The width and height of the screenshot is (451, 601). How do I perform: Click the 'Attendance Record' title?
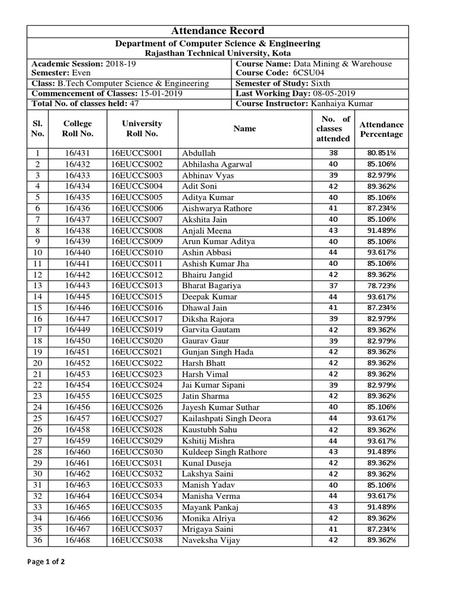(x=217, y=31)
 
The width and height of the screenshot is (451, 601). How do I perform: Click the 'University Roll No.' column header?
(x=142, y=129)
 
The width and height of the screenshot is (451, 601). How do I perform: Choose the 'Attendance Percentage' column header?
(x=382, y=129)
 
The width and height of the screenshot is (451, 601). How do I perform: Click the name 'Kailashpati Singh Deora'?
(x=226, y=418)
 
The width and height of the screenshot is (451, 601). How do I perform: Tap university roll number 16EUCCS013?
(x=136, y=286)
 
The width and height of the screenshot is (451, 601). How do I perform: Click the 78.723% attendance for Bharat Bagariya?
(x=382, y=286)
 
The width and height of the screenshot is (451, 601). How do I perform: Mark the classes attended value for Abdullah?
(x=333, y=153)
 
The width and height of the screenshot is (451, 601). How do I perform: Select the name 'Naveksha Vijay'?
(x=211, y=541)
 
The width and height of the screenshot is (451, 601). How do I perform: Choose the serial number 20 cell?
(x=38, y=363)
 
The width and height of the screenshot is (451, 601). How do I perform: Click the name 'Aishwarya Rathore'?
(x=217, y=208)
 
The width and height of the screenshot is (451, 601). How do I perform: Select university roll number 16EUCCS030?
(x=136, y=452)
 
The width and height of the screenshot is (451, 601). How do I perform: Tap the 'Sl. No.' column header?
(x=38, y=129)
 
